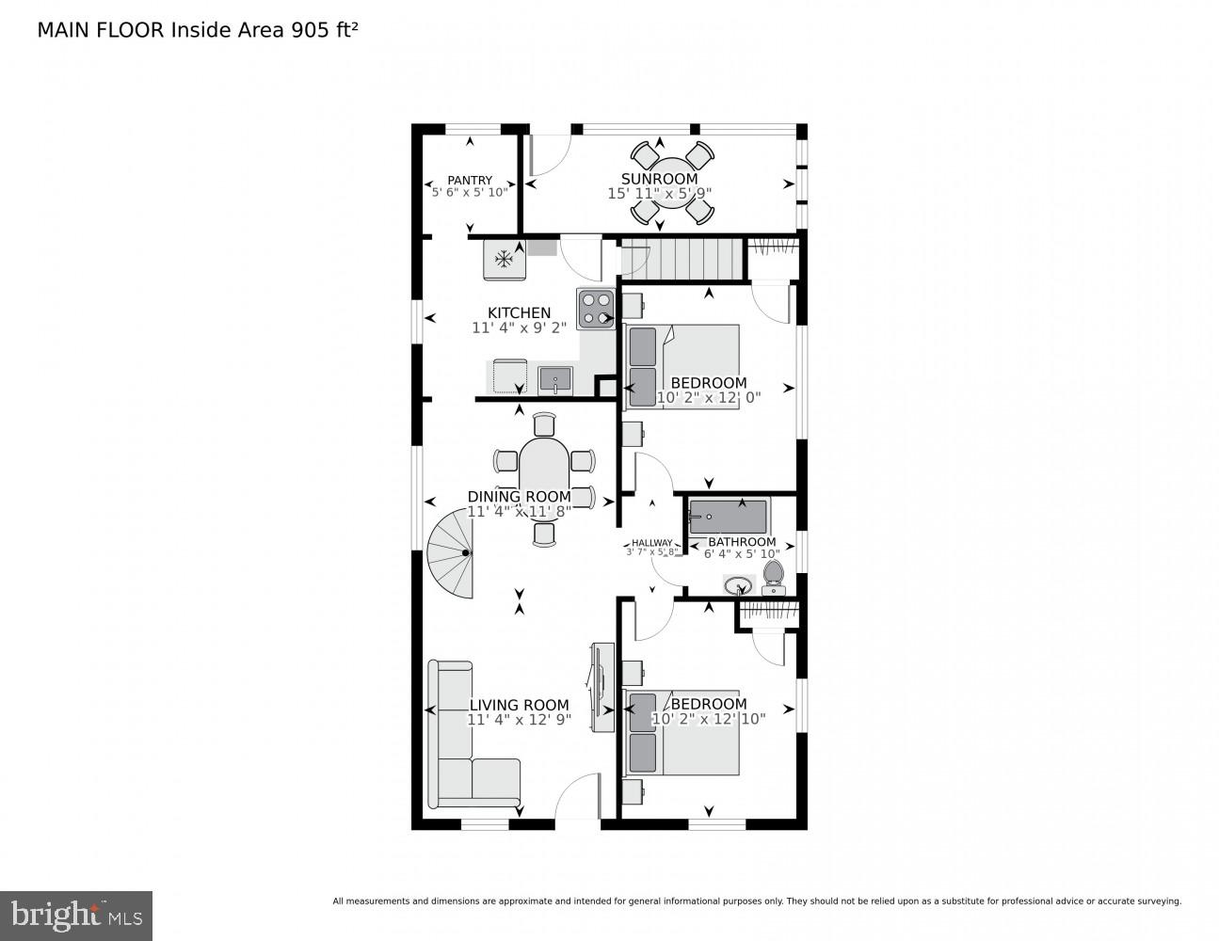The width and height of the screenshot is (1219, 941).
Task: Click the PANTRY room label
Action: [x=470, y=181]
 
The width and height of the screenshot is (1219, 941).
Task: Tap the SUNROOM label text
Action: [x=659, y=179]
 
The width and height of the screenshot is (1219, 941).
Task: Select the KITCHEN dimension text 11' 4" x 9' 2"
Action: [x=519, y=328]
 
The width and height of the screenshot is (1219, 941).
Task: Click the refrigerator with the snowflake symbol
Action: [x=505, y=259]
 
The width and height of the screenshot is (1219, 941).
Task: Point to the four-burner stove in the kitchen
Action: [x=595, y=309]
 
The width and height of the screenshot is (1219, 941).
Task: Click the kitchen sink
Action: [x=555, y=380]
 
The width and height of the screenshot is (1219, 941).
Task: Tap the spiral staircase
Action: [x=452, y=555]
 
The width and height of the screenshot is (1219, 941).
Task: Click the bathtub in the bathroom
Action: [x=728, y=517]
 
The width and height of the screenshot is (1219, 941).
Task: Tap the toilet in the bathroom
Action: [x=773, y=575]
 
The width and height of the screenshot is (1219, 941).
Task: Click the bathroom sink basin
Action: [x=738, y=585]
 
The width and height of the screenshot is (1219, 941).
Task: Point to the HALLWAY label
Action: [x=651, y=543]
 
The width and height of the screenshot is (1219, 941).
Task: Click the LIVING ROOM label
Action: [x=519, y=705]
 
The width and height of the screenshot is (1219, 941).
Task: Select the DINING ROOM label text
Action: [x=519, y=497]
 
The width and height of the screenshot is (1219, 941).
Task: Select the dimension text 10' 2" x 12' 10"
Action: [x=708, y=719]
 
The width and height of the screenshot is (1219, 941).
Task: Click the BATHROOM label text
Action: [x=742, y=542]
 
